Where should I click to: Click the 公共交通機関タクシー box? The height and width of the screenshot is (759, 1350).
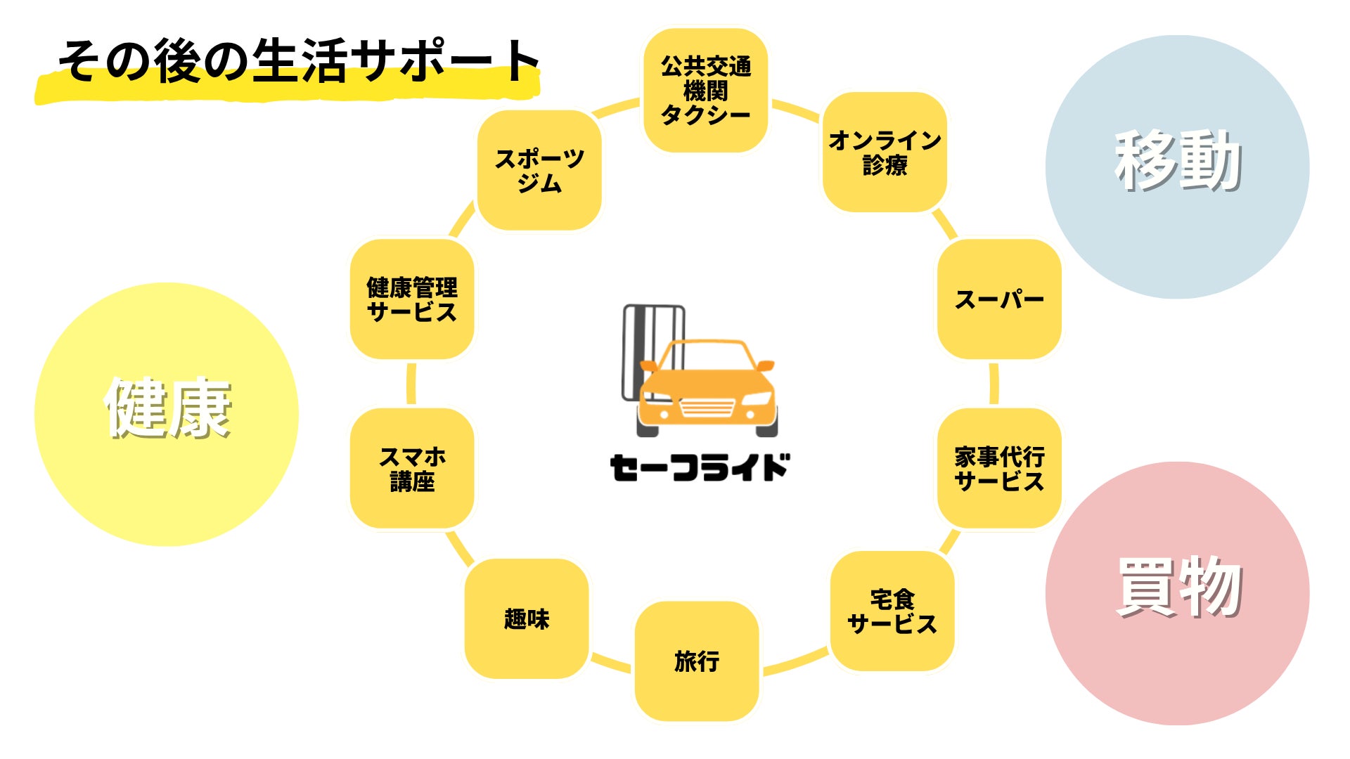[x=705, y=91]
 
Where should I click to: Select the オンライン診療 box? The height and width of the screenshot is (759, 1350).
[x=885, y=153]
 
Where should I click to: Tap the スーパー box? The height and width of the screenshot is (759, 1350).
[x=998, y=299]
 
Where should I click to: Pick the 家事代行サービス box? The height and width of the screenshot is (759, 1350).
[x=998, y=469]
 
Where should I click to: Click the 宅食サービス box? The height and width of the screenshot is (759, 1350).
[x=892, y=611]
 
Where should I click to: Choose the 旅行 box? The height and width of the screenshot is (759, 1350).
[x=697, y=661]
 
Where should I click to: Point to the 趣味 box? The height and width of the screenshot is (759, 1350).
[x=527, y=618]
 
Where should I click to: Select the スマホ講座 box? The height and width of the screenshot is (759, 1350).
[x=412, y=469]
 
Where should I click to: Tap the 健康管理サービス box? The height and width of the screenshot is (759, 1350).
[x=412, y=299]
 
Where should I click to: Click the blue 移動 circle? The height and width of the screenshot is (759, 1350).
[x=1177, y=167]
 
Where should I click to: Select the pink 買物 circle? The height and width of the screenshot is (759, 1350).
[x=1177, y=593]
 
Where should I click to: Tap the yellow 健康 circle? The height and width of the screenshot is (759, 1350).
[x=167, y=414]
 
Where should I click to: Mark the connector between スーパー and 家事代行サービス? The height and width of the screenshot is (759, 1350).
[x=994, y=384]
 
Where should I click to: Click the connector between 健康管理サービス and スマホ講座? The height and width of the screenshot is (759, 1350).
[x=411, y=384]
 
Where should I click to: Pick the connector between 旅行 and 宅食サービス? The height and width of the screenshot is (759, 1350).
[x=795, y=661]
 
